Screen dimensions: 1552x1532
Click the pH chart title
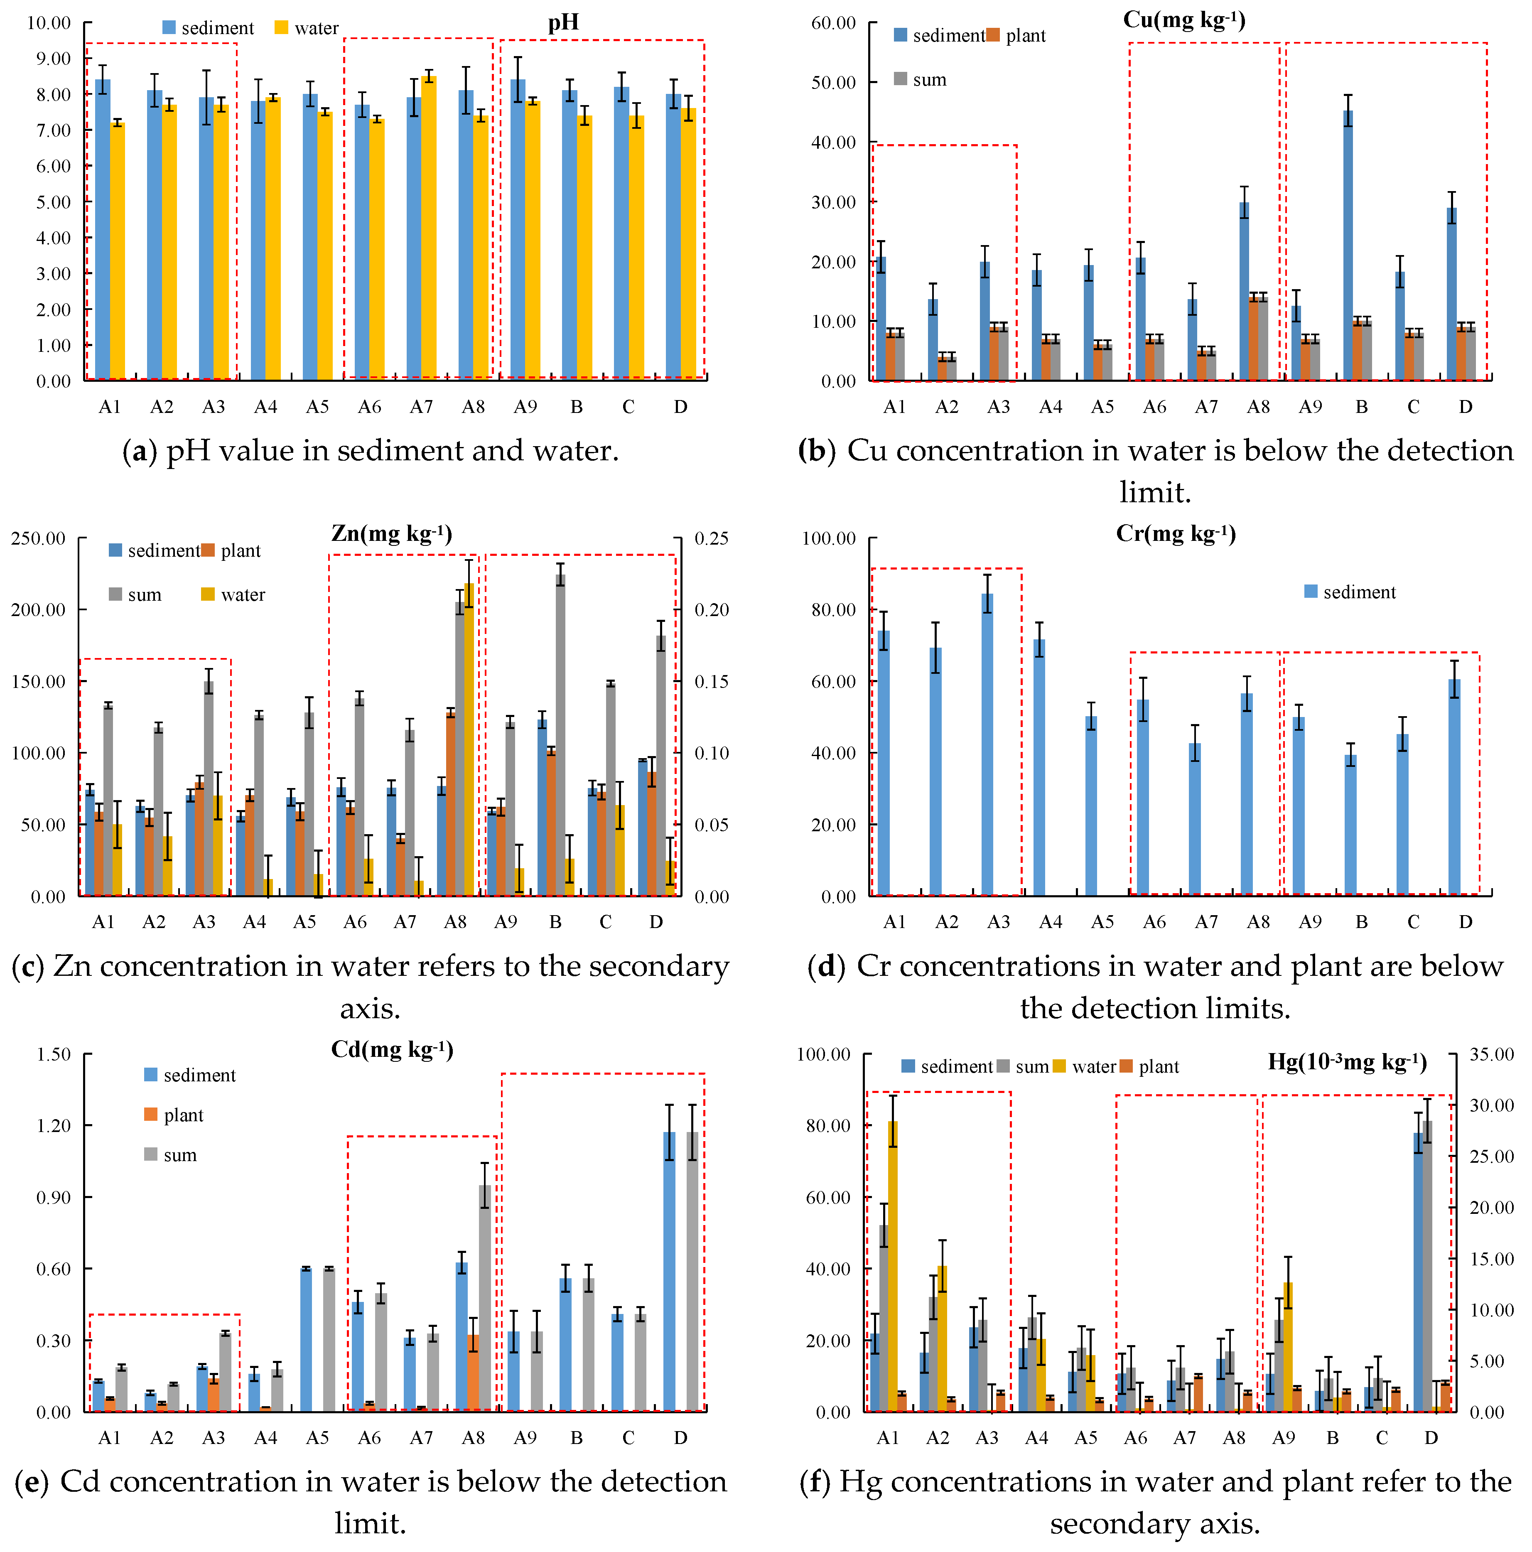pyautogui.click(x=563, y=22)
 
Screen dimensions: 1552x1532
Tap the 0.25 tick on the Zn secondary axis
pyautogui.click(x=712, y=538)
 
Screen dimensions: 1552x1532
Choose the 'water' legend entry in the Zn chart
pyautogui.click(x=233, y=594)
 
